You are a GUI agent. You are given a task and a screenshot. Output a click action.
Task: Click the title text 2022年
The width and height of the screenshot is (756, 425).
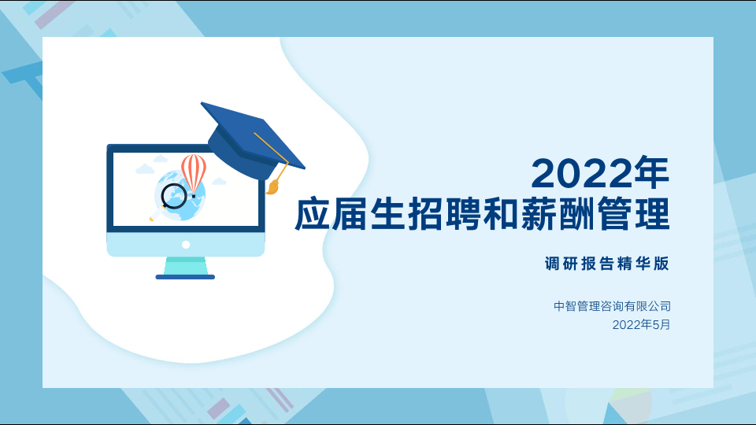[600, 172]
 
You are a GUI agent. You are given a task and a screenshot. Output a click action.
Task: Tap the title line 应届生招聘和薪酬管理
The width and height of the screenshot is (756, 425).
[482, 213]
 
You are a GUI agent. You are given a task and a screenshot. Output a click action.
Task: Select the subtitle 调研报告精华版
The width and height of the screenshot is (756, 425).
[607, 264]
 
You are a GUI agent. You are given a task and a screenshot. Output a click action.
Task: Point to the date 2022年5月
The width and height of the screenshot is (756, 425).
[641, 325]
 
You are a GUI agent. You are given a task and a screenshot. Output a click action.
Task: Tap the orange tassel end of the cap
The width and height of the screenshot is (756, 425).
[273, 187]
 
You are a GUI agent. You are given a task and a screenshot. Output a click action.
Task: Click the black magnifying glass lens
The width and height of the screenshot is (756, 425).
[173, 196]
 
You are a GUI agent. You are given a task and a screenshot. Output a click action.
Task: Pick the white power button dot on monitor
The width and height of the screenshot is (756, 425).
[186, 245]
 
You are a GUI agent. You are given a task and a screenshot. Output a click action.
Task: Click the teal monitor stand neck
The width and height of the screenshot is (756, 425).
[186, 266]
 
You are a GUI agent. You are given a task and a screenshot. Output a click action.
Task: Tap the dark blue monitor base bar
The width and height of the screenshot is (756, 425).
[185, 277]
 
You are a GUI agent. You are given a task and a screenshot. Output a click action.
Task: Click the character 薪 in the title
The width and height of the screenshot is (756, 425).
[539, 213]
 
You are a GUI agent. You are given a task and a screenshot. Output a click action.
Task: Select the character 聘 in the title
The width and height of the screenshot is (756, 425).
[463, 213]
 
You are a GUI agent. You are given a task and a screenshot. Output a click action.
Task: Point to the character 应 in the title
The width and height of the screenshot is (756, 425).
[313, 213]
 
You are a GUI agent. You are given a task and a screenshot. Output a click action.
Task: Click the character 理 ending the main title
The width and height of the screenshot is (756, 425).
[652, 213]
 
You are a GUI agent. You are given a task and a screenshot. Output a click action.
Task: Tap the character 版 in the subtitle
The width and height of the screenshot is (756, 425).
[661, 264]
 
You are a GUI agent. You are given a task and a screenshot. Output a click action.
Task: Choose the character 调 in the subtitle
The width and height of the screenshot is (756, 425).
[553, 264]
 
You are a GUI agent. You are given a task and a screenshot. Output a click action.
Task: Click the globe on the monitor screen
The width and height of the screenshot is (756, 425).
[182, 195]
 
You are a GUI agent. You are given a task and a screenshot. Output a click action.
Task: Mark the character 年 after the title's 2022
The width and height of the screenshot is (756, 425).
[652, 172]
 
